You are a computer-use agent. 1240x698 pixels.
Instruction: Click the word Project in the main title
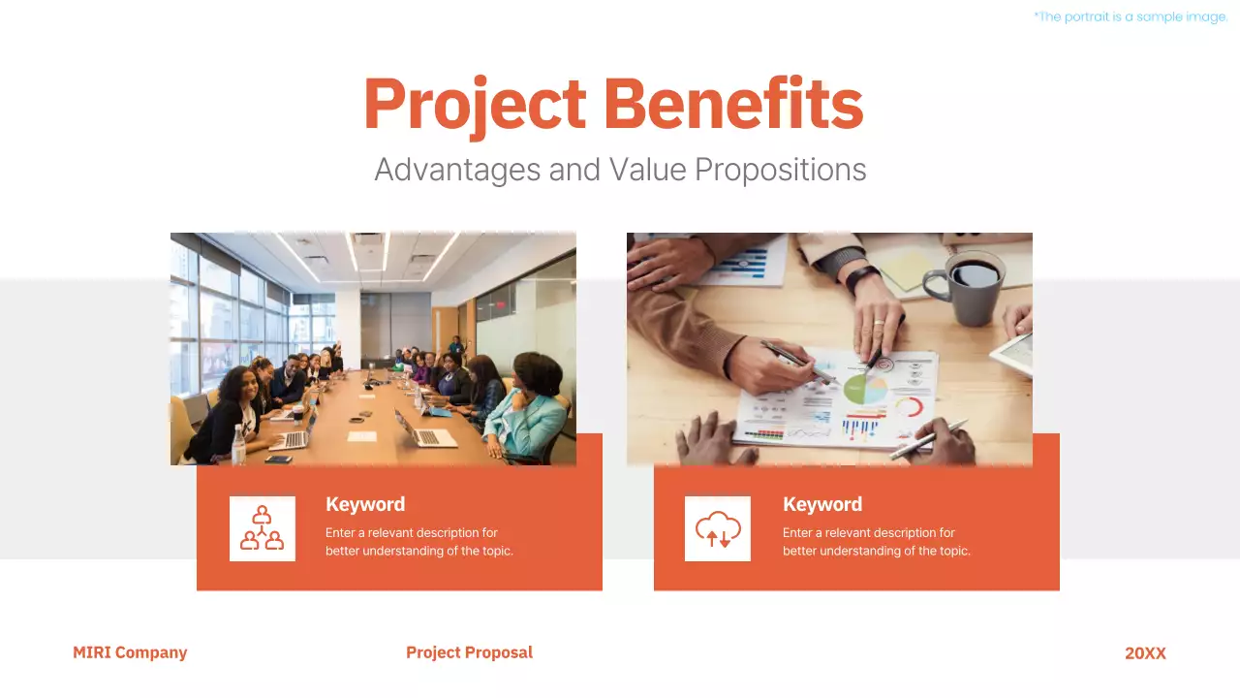click(x=475, y=104)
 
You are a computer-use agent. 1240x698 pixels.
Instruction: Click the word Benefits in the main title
click(x=733, y=104)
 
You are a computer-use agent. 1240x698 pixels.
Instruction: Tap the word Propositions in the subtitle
click(x=780, y=171)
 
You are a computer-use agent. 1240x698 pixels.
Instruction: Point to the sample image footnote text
click(x=1131, y=16)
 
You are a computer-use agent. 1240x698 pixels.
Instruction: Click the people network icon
click(x=262, y=528)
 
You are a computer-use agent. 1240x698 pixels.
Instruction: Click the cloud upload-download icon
click(x=718, y=529)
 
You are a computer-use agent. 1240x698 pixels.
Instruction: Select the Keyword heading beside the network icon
click(x=365, y=504)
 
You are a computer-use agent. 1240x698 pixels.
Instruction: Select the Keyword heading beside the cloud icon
click(x=822, y=504)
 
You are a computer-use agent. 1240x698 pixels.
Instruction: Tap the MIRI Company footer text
click(x=130, y=652)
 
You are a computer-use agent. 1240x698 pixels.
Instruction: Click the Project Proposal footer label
click(x=469, y=652)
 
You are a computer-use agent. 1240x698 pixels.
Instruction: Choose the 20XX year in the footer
click(x=1145, y=653)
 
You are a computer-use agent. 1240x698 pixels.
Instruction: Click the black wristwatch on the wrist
click(x=861, y=277)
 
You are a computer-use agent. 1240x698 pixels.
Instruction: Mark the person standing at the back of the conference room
click(x=455, y=345)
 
